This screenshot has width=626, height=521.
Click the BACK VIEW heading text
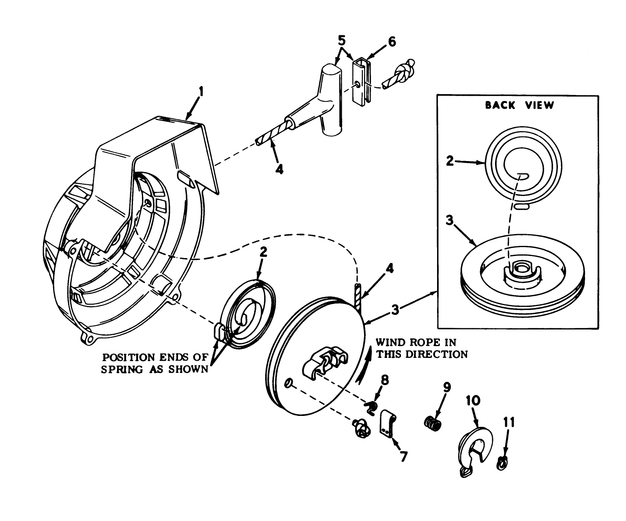[519, 105]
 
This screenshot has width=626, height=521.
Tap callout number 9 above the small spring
[447, 387]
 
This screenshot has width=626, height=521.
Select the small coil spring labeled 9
[433, 424]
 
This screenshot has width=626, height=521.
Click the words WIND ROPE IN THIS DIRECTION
[422, 348]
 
